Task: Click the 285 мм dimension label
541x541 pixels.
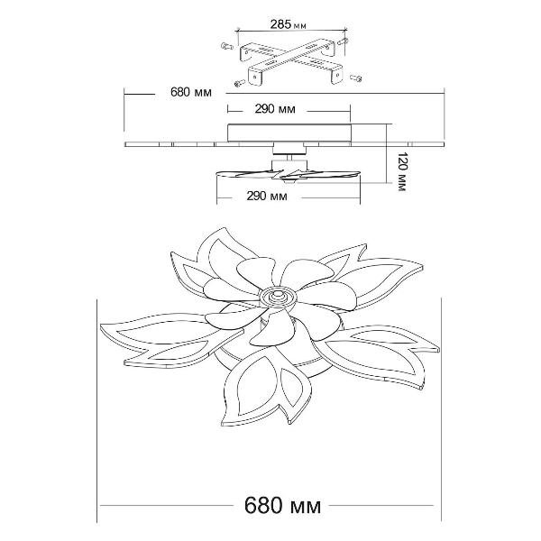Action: click(289, 25)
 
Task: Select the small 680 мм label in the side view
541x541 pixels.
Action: click(191, 93)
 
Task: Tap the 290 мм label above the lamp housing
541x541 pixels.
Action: click(275, 109)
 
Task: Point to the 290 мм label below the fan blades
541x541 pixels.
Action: click(267, 196)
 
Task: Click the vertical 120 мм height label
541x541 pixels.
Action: click(402, 171)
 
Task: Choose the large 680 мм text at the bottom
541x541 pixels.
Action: click(282, 506)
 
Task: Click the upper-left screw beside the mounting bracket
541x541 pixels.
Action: click(226, 46)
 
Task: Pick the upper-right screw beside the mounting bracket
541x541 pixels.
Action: click(343, 41)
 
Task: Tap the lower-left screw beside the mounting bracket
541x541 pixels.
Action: click(240, 82)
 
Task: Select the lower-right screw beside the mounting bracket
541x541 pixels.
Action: click(356, 78)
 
